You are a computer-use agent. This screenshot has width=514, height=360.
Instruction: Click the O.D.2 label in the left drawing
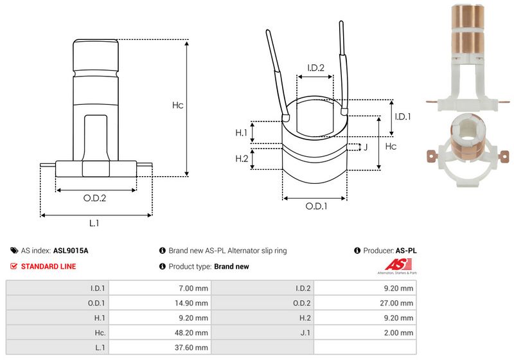point(94,198)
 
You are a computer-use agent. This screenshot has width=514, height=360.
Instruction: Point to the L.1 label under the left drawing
point(94,223)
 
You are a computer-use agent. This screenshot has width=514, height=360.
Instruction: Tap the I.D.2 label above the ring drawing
point(315,68)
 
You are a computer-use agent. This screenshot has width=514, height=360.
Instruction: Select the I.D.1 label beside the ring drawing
point(403,116)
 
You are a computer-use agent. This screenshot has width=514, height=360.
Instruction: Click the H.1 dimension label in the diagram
point(241,132)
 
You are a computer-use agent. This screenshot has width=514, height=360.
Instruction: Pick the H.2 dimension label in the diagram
point(241,159)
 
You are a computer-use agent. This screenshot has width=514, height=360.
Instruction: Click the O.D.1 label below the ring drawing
point(316,206)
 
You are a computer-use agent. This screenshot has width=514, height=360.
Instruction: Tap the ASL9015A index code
point(71,251)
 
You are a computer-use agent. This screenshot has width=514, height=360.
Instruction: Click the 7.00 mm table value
point(193,288)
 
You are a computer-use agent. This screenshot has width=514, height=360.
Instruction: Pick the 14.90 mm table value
point(191,303)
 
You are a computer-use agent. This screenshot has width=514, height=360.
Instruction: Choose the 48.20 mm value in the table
point(191,332)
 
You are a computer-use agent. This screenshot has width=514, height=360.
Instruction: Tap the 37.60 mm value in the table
point(191,347)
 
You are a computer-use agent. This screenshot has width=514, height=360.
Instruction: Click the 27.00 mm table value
point(398,303)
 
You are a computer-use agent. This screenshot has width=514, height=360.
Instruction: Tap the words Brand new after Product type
point(231,266)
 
